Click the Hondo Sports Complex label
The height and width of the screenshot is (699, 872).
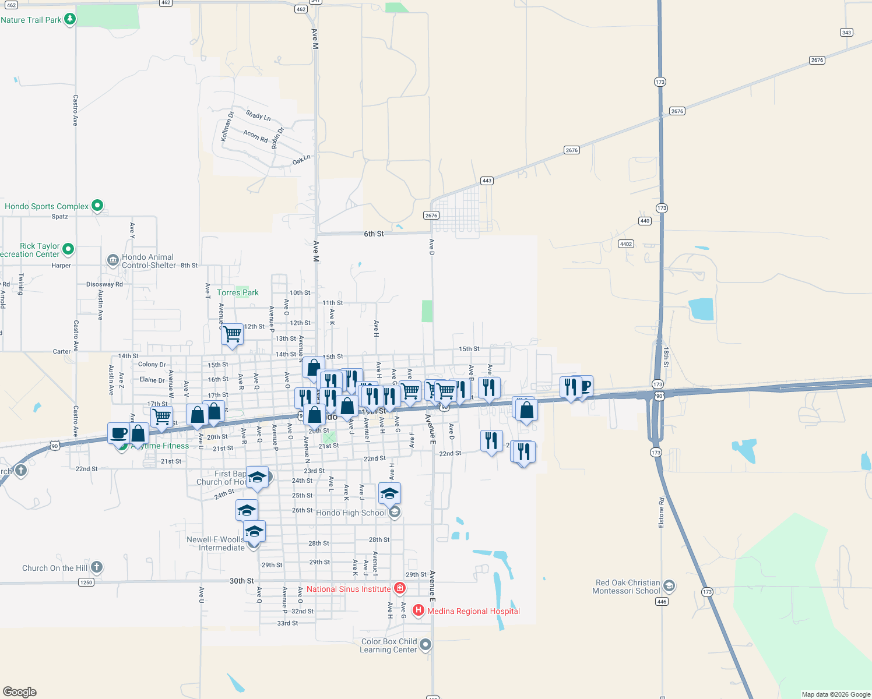click(47, 207)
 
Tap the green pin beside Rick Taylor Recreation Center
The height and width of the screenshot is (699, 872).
click(68, 249)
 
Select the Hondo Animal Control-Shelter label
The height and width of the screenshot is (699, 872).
click(148, 261)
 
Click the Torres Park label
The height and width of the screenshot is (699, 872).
click(238, 293)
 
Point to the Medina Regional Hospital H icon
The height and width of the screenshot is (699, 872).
click(418, 610)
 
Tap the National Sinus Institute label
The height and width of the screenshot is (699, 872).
click(349, 589)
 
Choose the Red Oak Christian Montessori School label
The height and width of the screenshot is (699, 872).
click(627, 587)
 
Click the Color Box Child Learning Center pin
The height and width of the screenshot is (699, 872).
click(426, 644)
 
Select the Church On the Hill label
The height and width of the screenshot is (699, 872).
click(55, 569)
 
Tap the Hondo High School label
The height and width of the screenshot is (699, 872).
click(351, 513)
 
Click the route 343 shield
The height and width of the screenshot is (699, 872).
click(846, 33)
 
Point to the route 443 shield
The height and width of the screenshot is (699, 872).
click(487, 181)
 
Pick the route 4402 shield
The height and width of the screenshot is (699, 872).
click(626, 244)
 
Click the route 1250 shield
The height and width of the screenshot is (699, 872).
click(86, 582)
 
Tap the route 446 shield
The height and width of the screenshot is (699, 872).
click(662, 602)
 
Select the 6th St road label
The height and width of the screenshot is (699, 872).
click(374, 234)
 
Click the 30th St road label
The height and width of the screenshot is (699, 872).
click(241, 581)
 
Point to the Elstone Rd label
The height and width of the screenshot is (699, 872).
click(661, 513)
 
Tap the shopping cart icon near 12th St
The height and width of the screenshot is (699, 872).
click(232, 334)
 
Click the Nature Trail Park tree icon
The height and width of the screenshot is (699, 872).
click(70, 19)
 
